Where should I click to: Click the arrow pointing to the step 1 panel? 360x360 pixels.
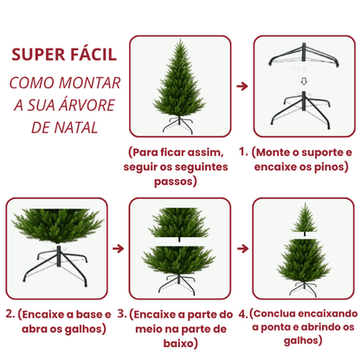click(241, 87)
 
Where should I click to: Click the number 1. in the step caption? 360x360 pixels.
click(244, 152)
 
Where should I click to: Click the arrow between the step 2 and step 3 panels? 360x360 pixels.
click(119, 247)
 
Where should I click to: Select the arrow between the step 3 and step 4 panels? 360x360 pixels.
click(241, 247)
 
